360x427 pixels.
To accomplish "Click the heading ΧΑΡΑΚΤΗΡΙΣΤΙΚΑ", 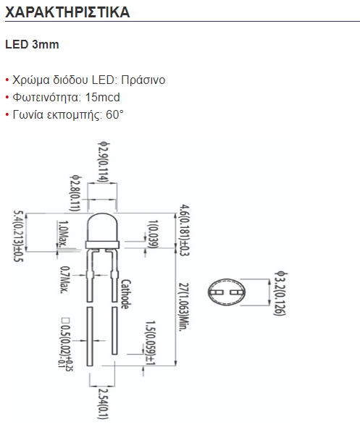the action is (67, 12).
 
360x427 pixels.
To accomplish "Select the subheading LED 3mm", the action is (32, 44).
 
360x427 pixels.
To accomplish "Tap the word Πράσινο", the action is (143, 80).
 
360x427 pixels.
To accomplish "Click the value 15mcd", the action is (102, 97).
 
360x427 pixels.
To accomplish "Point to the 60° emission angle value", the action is (114, 114).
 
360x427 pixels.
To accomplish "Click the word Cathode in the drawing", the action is (125, 294).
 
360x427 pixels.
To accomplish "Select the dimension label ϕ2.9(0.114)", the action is (104, 162).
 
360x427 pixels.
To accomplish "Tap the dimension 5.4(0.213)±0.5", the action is (19, 236).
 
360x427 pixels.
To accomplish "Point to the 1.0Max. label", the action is (63, 234).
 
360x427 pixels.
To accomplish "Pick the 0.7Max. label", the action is (64, 279).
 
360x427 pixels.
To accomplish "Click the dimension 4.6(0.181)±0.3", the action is (184, 230).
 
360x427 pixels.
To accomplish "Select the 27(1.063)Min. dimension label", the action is (184, 307).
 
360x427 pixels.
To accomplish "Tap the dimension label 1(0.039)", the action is (153, 234).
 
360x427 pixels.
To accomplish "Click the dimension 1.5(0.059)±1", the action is (151, 343).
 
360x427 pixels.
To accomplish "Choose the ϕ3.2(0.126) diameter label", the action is (280, 293).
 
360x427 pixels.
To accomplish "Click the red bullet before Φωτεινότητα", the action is (7, 98).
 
